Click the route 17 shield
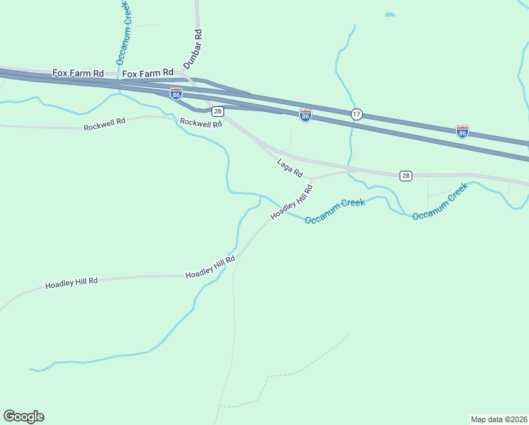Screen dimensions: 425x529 [x=357, y=114]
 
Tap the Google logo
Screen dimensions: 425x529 [x=23, y=416]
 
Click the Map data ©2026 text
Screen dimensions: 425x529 [x=499, y=419]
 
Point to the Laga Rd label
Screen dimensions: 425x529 [x=290, y=168]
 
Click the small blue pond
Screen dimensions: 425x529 [x=390, y=14]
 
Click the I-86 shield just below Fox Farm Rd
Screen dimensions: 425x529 [x=176, y=93]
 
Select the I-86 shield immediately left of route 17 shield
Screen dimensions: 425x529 [x=305, y=115]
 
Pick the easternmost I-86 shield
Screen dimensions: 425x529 [x=463, y=132]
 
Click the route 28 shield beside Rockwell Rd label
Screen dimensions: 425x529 [x=218, y=111]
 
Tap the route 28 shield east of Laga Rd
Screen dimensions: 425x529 [x=405, y=176]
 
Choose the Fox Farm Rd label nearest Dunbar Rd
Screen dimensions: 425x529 [x=148, y=73]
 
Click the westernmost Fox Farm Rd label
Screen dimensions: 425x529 [x=78, y=73]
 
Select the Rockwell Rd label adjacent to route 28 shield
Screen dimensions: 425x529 [x=201, y=123]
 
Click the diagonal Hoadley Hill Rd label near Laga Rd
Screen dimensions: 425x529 [x=291, y=202]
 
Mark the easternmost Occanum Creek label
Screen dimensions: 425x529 [x=440, y=202]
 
